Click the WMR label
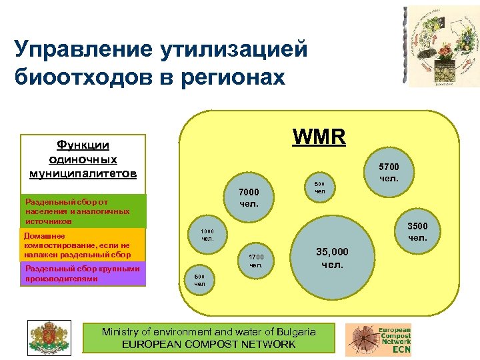(x=319, y=137)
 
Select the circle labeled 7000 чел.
(x=249, y=197)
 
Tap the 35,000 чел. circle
(x=332, y=257)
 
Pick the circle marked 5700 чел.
(x=389, y=173)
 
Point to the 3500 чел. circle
(x=417, y=231)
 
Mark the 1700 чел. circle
(x=256, y=261)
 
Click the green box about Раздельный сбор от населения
(x=83, y=211)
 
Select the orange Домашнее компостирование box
(x=83, y=245)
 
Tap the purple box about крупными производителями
(x=83, y=273)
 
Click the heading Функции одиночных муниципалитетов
(x=83, y=159)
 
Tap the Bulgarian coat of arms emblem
(x=48, y=337)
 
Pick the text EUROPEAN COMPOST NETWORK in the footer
(x=209, y=344)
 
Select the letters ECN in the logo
(x=401, y=349)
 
